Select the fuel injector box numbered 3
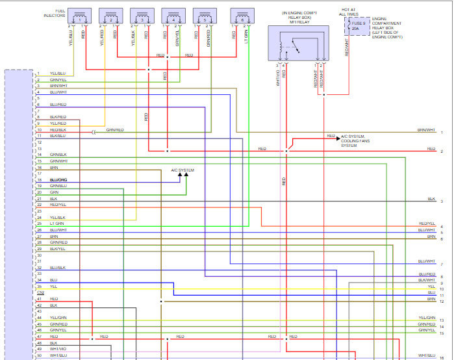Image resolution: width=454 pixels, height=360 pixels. pyautogui.click(x=142, y=18)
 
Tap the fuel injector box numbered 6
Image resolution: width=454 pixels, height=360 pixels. pyautogui.click(x=242, y=18)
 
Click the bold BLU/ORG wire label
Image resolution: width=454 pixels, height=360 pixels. pyautogui.click(x=58, y=179)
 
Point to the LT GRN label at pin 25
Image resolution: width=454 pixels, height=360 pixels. pyautogui.click(x=57, y=223)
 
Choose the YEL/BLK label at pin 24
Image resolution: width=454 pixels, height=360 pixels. pyautogui.click(x=57, y=217)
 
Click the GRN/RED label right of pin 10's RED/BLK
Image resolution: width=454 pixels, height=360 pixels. pyautogui.click(x=114, y=129)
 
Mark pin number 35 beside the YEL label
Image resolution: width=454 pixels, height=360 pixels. pyautogui.click(x=39, y=286)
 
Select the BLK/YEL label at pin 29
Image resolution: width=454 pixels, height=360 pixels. pyautogui.click(x=57, y=248)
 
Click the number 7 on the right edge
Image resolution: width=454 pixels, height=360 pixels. pyautogui.click(x=442, y=264)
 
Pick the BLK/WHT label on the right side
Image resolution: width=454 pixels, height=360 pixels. pyautogui.click(x=427, y=280)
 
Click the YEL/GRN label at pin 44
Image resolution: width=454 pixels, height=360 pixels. pyautogui.click(x=58, y=317)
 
